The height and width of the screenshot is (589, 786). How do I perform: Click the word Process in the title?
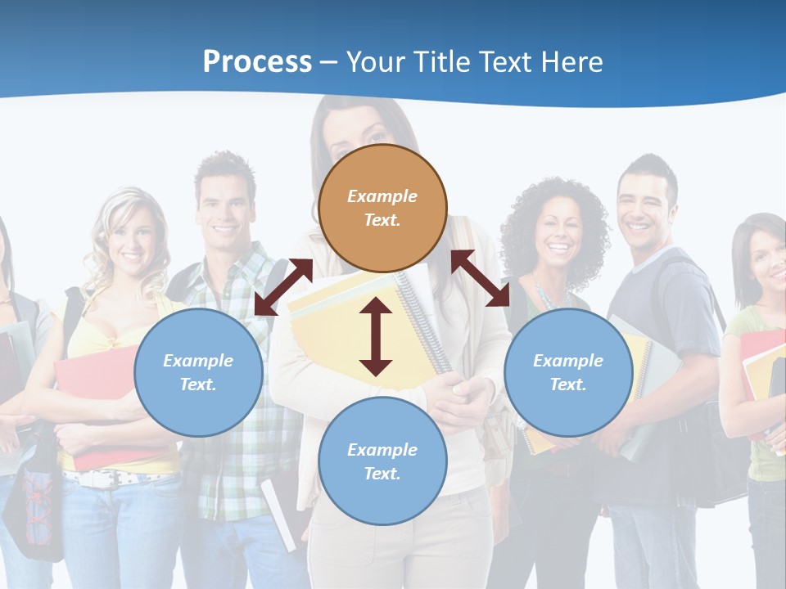point(257,62)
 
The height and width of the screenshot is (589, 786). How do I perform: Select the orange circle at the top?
point(382,208)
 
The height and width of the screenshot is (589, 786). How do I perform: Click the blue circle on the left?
point(198,372)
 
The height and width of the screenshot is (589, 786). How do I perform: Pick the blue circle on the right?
point(568,372)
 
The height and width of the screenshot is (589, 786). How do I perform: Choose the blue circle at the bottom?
point(382,461)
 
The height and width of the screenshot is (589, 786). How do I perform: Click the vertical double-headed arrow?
point(376,336)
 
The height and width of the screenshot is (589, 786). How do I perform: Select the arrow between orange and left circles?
point(283,286)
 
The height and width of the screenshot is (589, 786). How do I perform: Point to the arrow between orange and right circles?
point(481,278)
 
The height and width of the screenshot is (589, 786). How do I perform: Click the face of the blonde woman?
point(131,237)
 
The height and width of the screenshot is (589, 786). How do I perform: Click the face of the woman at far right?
point(768,262)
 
